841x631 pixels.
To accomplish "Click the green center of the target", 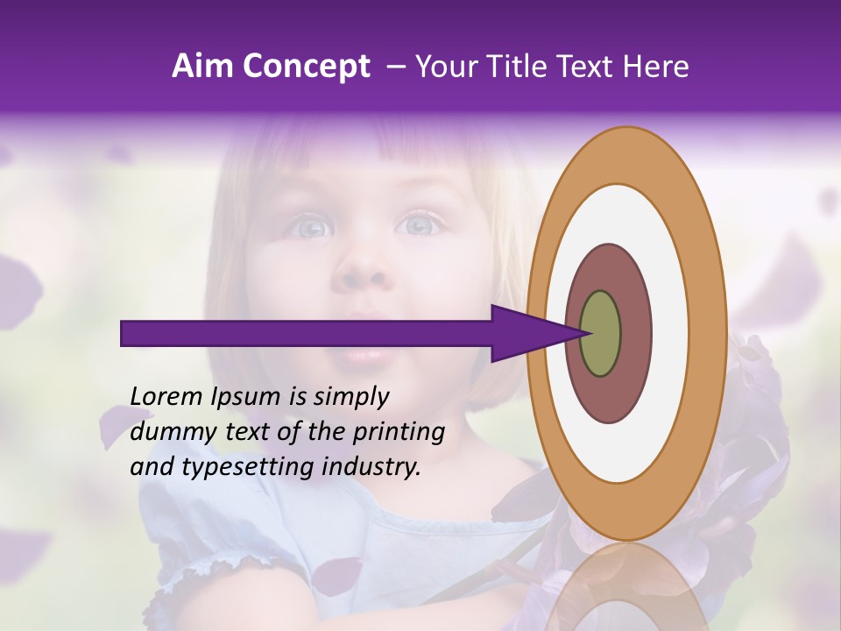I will click(x=601, y=334).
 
